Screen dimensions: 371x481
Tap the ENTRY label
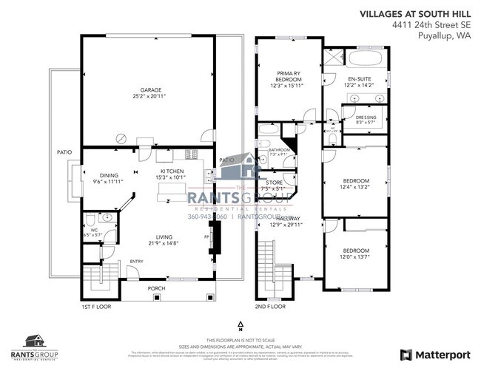pyautogui.click(x=136, y=261)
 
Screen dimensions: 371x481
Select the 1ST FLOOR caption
pyautogui.click(x=96, y=307)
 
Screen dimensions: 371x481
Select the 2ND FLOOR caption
pyautogui.click(x=271, y=307)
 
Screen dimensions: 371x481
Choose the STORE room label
pyautogui.click(x=274, y=183)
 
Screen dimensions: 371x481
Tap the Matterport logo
pyautogui.click(x=435, y=354)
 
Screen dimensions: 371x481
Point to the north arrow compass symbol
pyautogui.click(x=240, y=325)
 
